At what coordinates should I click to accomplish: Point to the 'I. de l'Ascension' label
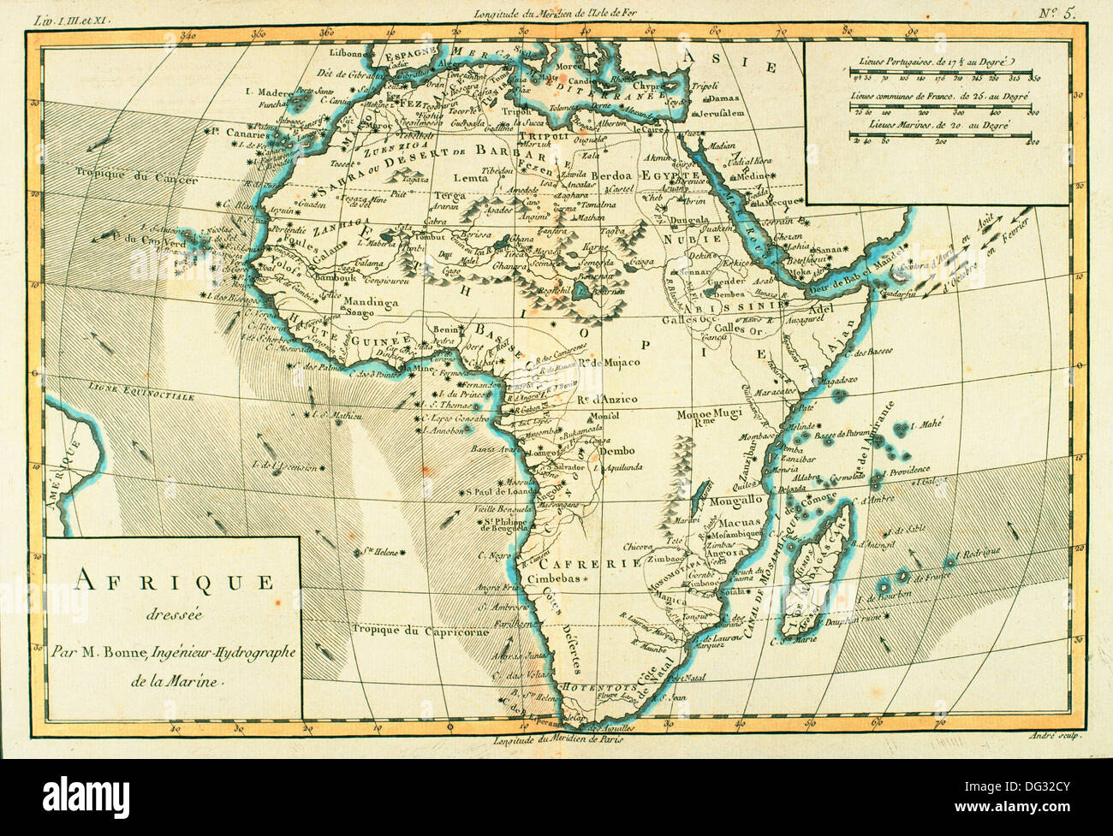click(x=283, y=466)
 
